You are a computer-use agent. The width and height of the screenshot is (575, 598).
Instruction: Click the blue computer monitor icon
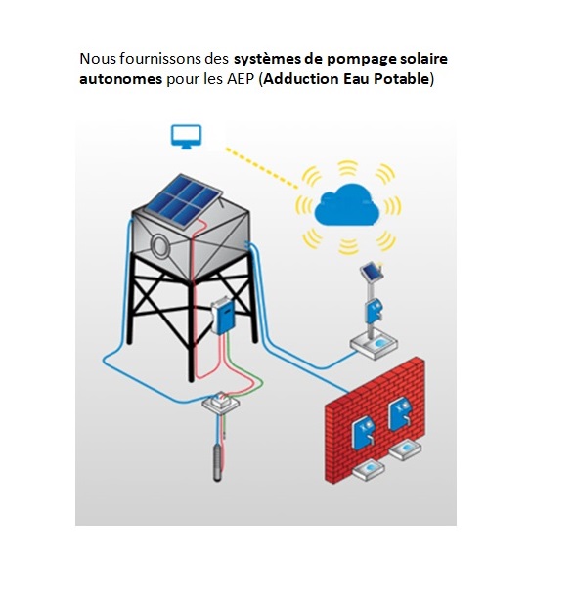coord(186,136)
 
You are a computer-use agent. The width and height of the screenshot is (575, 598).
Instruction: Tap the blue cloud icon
coord(347,205)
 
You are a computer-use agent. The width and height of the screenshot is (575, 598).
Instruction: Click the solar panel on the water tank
coord(184,200)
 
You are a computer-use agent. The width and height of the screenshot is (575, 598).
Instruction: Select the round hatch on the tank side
coord(159,245)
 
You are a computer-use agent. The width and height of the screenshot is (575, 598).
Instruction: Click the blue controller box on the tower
coord(222,316)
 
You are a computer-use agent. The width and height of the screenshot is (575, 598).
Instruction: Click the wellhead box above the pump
coord(221,402)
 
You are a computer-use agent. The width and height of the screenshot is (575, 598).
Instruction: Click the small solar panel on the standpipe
coord(371,272)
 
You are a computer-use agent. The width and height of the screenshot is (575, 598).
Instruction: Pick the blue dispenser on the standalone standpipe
coord(373,310)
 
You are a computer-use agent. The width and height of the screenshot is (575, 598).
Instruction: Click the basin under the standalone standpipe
coord(374,344)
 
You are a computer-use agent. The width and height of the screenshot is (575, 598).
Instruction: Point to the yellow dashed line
coord(261,168)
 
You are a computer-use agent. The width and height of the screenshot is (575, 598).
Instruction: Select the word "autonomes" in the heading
coord(120,79)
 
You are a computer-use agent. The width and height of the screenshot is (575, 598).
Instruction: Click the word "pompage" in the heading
coord(360,60)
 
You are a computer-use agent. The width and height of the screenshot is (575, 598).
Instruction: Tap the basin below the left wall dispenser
coord(369,469)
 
